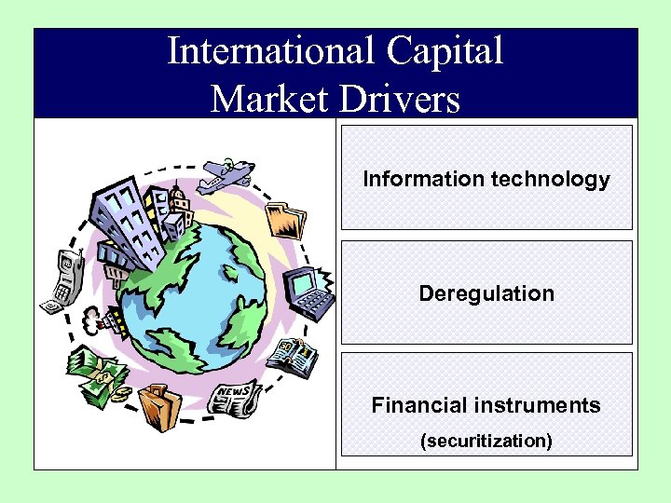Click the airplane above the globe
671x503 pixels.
(227, 174)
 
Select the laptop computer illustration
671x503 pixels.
(308, 291)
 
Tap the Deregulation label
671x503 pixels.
(486, 293)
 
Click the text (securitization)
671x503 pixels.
(486, 440)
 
